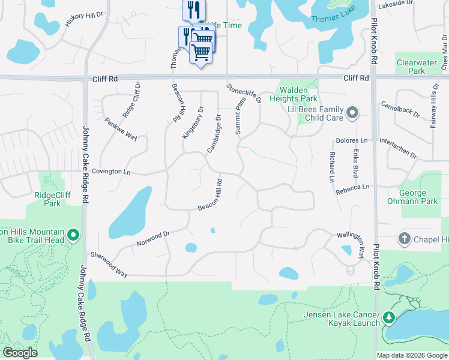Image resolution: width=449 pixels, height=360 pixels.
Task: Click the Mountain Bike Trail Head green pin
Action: [x=73, y=236]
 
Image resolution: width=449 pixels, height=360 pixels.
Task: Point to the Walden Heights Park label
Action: [x=294, y=94]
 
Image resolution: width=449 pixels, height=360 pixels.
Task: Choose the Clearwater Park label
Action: [x=411, y=67]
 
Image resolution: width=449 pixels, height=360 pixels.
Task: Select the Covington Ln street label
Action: [x=110, y=172]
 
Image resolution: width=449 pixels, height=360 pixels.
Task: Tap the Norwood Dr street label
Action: [x=154, y=238]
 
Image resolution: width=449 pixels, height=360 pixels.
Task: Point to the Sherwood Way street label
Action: [x=109, y=263]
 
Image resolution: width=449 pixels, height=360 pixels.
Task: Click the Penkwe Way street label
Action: [x=121, y=129]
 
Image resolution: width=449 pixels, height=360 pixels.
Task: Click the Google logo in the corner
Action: [x=20, y=353]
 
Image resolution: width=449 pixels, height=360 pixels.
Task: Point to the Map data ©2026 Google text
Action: [x=412, y=355]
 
